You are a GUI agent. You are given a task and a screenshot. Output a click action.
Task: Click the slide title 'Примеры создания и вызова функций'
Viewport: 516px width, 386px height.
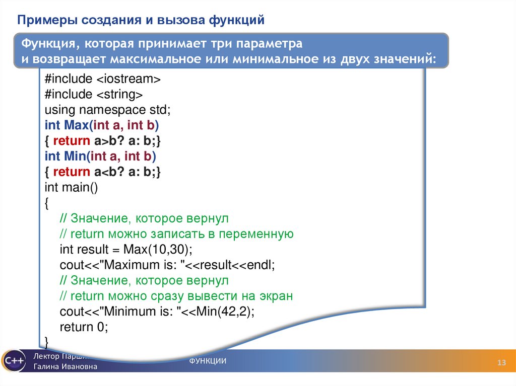click(x=142, y=20)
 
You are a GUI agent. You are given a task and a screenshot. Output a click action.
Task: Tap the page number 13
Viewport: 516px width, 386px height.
click(x=501, y=364)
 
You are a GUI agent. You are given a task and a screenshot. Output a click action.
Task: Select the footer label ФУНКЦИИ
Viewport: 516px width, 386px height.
click(x=208, y=361)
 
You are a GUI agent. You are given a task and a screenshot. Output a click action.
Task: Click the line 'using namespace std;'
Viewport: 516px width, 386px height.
click(x=108, y=110)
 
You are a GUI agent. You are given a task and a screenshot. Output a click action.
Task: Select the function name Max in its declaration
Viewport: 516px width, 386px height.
click(x=76, y=125)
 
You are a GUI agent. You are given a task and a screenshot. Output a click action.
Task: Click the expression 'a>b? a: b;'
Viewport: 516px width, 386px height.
click(x=126, y=140)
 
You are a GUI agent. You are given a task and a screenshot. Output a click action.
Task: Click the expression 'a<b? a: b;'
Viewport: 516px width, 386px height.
click(x=126, y=172)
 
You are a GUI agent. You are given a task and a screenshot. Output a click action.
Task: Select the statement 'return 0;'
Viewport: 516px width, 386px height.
click(x=84, y=327)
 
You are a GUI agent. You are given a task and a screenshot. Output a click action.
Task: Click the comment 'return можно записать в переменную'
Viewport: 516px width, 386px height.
click(x=181, y=234)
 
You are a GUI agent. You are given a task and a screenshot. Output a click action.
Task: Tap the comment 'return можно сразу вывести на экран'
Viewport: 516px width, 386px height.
click(x=181, y=296)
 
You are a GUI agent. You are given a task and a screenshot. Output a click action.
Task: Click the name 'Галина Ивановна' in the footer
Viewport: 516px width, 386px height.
click(x=66, y=367)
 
